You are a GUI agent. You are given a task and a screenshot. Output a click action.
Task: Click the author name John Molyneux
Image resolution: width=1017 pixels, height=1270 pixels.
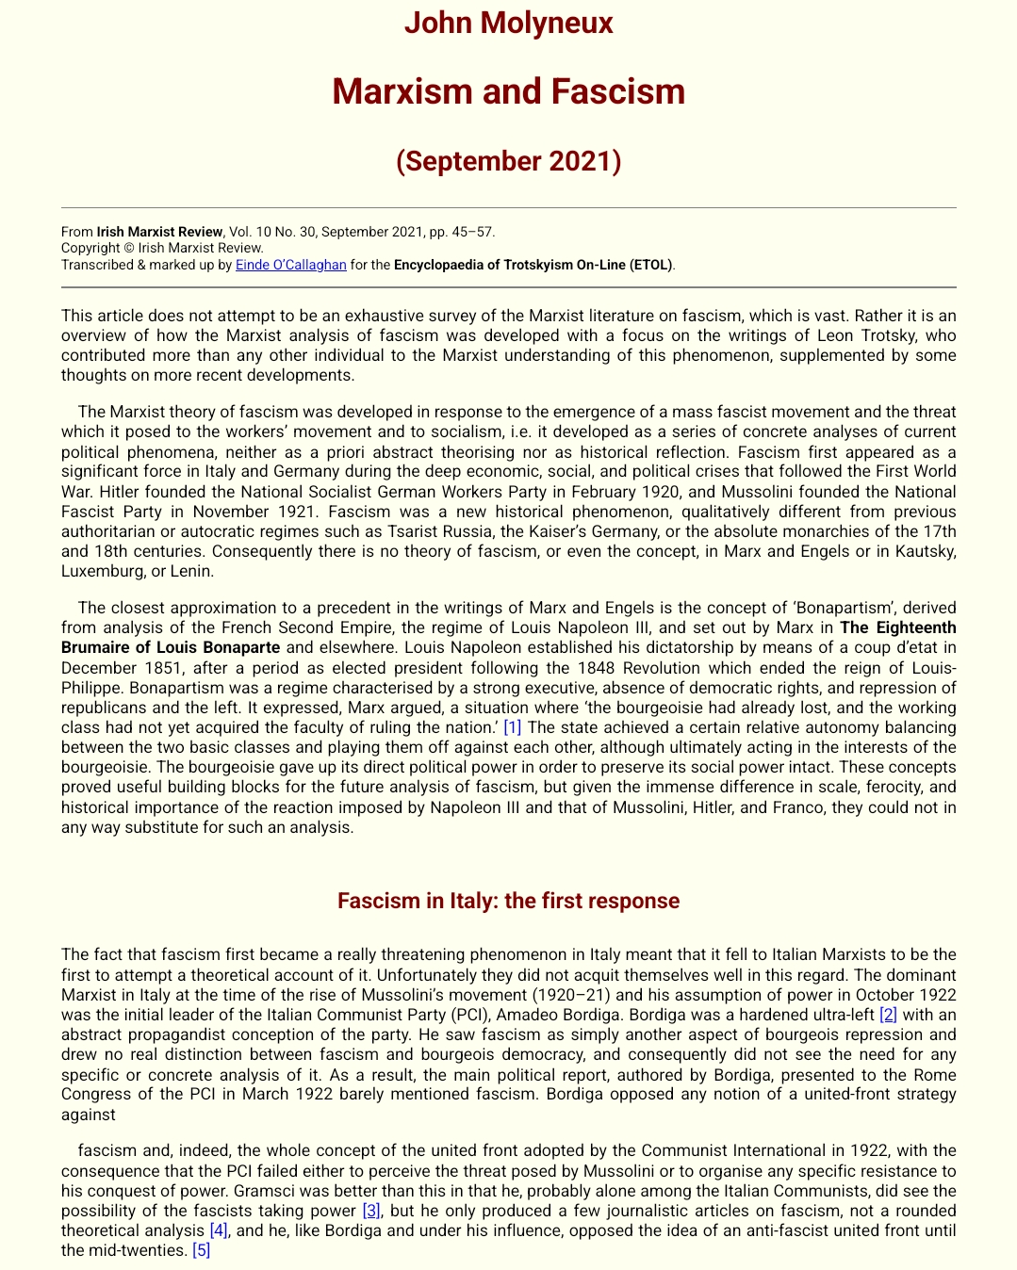tap(508, 23)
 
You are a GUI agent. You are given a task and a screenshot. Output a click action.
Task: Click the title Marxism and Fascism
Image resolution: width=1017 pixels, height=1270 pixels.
tap(508, 91)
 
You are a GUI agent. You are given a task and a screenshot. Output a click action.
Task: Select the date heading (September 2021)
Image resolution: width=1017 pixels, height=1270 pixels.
tap(508, 161)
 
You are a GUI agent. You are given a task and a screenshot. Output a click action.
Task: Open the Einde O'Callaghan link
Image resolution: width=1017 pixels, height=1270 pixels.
tap(290, 265)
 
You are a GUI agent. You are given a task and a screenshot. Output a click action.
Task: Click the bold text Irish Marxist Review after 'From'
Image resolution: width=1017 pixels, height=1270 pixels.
tap(159, 232)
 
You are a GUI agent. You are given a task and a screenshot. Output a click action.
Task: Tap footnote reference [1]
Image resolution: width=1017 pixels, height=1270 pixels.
tap(512, 727)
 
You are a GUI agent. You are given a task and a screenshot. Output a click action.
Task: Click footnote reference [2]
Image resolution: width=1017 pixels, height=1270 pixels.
tap(888, 1015)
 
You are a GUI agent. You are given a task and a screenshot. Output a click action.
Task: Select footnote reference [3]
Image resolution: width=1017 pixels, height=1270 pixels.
tap(371, 1211)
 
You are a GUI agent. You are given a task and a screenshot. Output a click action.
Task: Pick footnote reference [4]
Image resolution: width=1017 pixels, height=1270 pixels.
tap(219, 1230)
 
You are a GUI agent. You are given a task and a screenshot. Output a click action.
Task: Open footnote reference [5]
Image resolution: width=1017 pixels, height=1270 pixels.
tap(201, 1250)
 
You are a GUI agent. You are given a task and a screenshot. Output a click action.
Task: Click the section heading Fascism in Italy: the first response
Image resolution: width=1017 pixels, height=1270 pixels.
tap(508, 901)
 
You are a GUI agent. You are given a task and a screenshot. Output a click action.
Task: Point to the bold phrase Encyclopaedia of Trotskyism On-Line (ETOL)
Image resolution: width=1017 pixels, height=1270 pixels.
tap(533, 265)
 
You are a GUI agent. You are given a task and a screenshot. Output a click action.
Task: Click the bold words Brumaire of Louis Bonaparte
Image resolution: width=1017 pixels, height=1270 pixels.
tap(171, 647)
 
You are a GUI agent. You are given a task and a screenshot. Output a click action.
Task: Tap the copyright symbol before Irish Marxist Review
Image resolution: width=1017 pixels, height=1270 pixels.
tap(128, 249)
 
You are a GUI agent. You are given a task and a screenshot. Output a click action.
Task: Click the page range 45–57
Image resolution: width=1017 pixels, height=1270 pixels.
tap(474, 232)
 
